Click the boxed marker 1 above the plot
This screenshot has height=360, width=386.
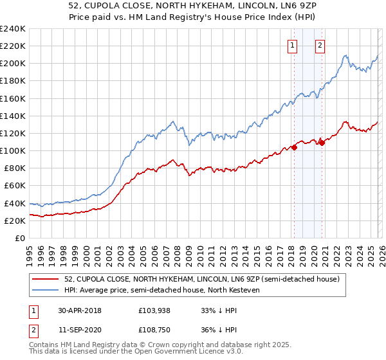293,45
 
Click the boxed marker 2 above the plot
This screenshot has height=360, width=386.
320,45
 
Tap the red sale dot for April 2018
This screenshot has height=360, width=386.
294,147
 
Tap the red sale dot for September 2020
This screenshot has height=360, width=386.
322,143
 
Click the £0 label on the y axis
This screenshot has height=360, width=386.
19,238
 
